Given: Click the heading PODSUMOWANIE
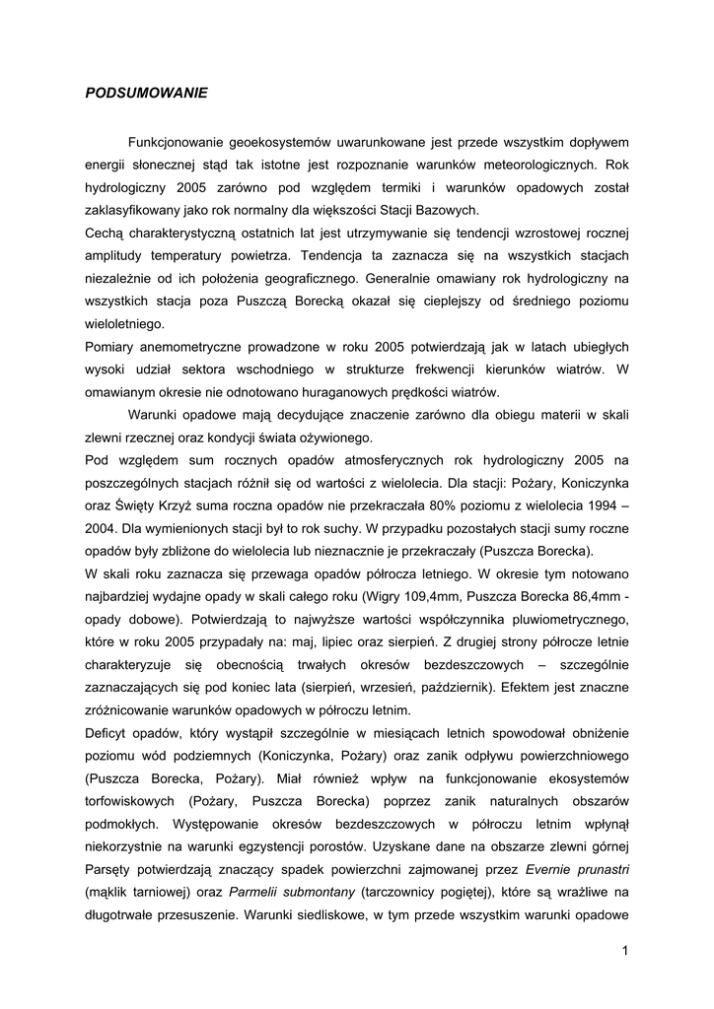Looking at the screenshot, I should [146, 94].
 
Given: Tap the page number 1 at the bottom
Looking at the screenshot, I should [625, 950].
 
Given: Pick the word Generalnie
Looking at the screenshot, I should [402, 278].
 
